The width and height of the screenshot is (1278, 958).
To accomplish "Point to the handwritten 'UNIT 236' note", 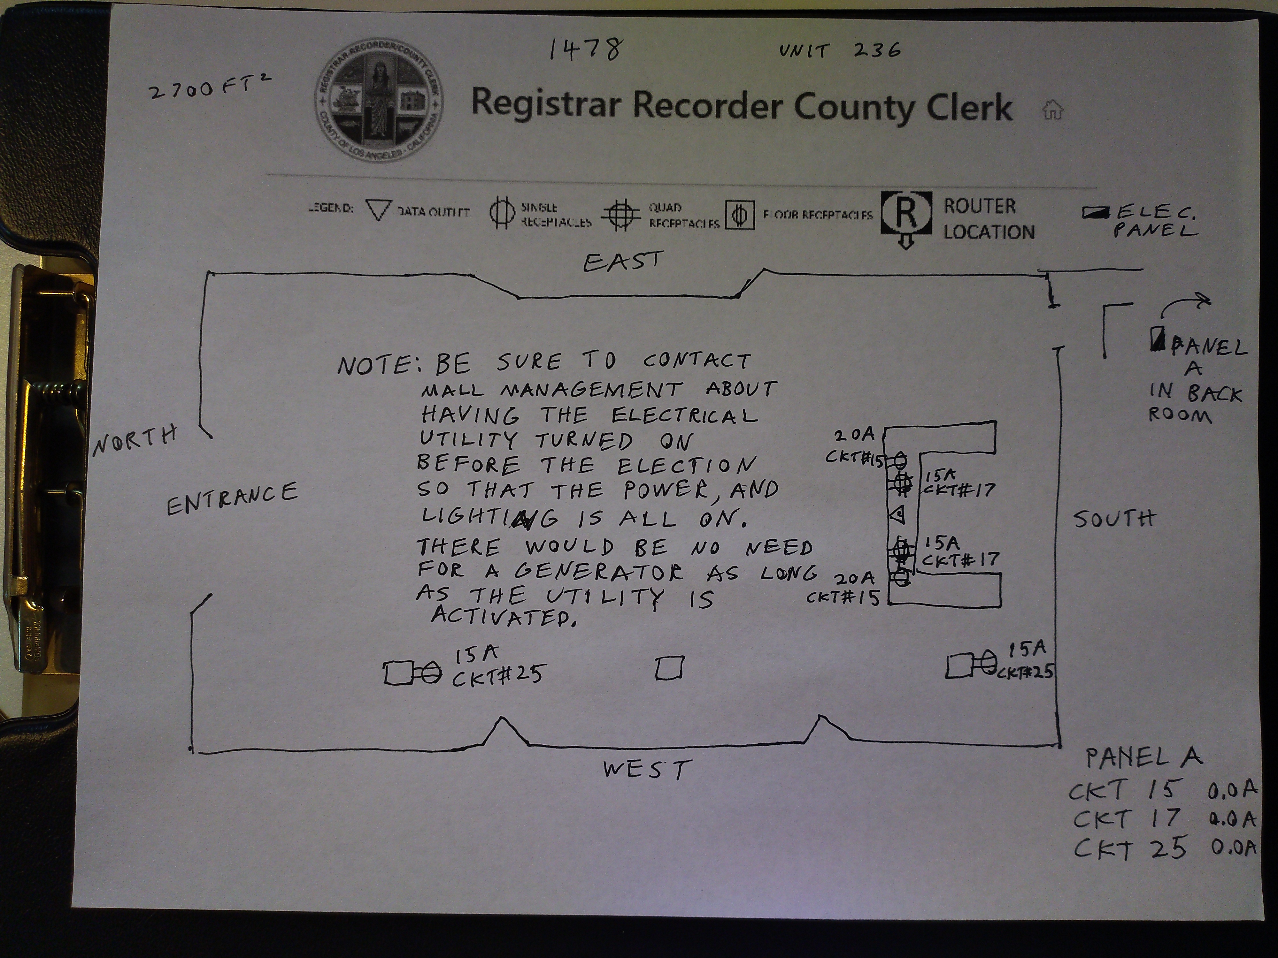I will click(x=839, y=51).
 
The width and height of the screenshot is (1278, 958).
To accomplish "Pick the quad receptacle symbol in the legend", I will click(x=620, y=215).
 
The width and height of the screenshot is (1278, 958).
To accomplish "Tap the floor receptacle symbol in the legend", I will click(x=740, y=215).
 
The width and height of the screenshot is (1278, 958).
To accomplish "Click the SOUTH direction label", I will click(x=1114, y=519).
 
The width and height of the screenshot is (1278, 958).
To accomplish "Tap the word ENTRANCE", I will click(x=232, y=499).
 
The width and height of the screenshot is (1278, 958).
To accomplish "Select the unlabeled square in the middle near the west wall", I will click(x=669, y=668).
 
